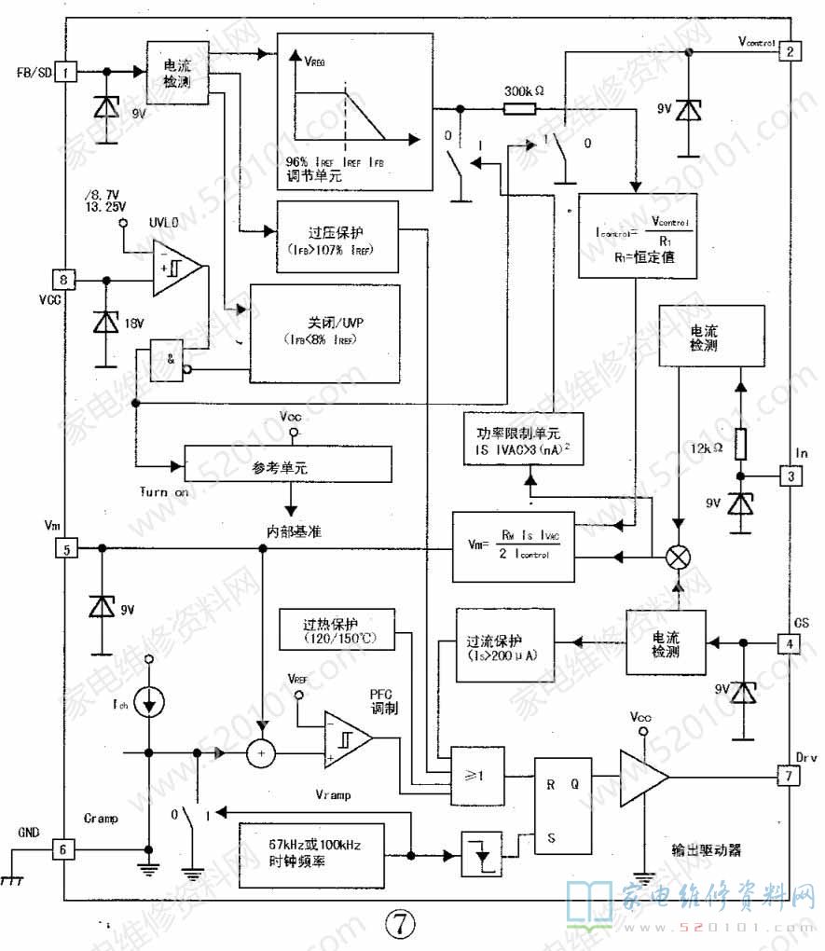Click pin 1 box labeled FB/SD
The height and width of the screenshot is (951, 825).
pyautogui.click(x=66, y=71)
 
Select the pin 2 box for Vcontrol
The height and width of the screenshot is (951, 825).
pyautogui.click(x=789, y=51)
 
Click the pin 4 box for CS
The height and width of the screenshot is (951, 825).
pyautogui.click(x=789, y=643)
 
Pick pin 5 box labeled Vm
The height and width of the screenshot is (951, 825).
pyautogui.click(x=65, y=548)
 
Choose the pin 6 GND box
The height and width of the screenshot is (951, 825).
pyautogui.click(x=65, y=849)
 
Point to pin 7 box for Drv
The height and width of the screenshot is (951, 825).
pyautogui.click(x=789, y=776)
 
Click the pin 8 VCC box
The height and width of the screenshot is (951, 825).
pyautogui.click(x=65, y=278)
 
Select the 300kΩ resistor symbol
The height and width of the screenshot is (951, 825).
pyautogui.click(x=518, y=108)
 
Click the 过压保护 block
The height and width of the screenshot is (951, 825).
pyautogui.click(x=337, y=236)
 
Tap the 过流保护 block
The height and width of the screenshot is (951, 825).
pyautogui.click(x=504, y=646)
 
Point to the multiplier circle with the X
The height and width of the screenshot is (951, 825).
pyautogui.click(x=678, y=558)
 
